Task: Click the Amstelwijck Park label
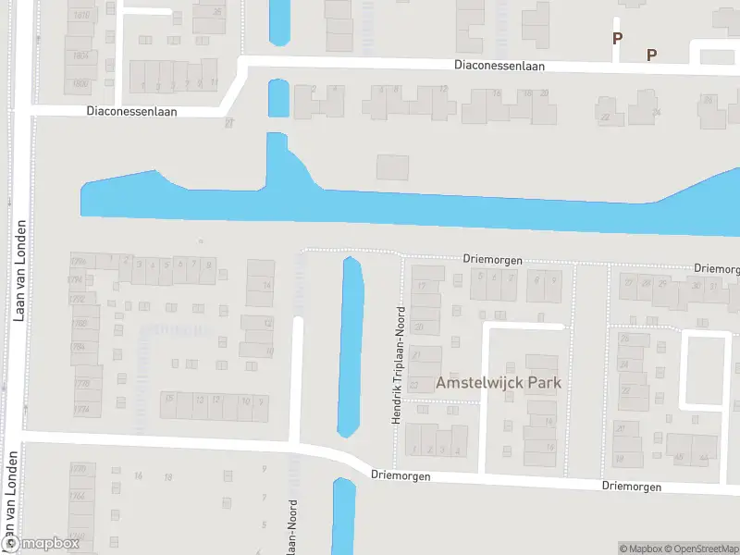click(499, 382)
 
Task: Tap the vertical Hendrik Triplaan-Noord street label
click(399, 365)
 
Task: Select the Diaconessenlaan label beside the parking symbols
click(499, 66)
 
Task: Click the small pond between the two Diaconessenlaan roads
click(278, 97)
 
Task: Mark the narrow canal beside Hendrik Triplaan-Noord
click(351, 347)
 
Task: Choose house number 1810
click(80, 16)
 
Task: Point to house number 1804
click(80, 55)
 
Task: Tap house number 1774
click(80, 408)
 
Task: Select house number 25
click(218, 12)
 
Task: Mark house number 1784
click(80, 347)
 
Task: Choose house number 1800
click(80, 83)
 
